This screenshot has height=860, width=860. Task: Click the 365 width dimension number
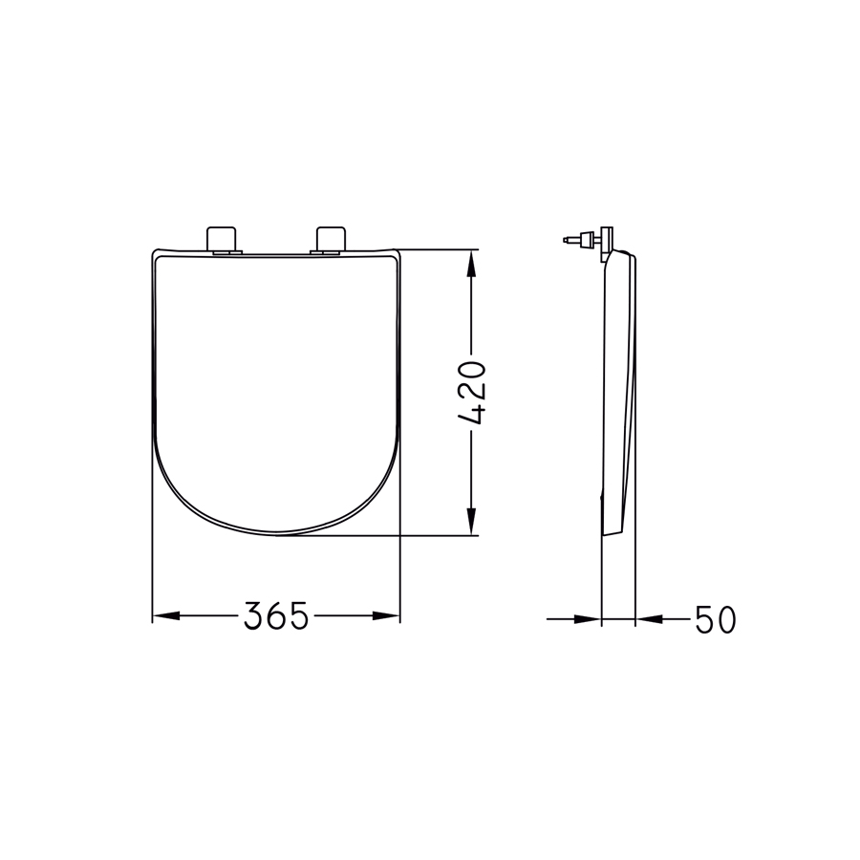[276, 617]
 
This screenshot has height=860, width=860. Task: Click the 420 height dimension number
[473, 393]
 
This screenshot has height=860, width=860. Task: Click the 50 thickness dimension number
[715, 620]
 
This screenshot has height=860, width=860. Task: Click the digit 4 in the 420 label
[473, 414]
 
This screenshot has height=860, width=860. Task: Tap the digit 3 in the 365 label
[254, 617]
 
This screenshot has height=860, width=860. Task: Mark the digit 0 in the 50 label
[726, 620]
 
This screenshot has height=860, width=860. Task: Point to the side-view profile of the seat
[618, 392]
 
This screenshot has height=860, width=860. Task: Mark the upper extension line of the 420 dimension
[435, 250]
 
